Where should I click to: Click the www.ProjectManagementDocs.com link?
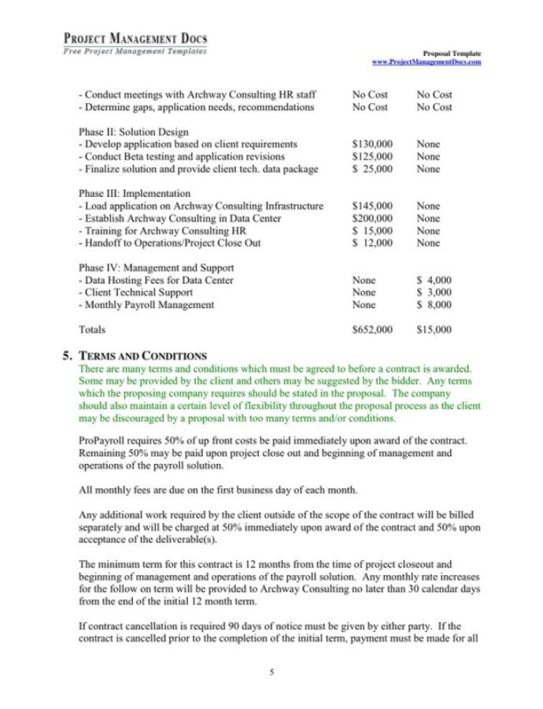427,61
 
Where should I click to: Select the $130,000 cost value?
372,144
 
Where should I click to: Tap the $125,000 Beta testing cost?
372,157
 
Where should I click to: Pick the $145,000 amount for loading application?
372,206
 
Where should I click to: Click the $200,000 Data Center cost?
372,218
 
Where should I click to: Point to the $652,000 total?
372,329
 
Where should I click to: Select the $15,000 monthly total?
434,329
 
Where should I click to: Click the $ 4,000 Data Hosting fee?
434,280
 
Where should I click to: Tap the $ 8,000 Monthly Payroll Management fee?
434,305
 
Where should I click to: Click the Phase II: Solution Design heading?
134,132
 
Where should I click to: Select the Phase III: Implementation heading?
135,193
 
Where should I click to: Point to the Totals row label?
92,329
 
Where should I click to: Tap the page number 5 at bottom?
271,672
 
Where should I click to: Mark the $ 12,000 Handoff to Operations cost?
372,243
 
